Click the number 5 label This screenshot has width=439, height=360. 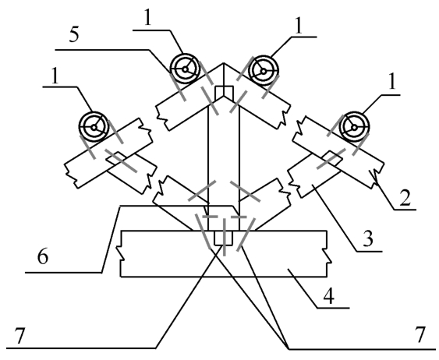[x=74, y=36]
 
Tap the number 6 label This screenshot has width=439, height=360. [x=43, y=257]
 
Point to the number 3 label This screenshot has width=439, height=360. [x=368, y=239]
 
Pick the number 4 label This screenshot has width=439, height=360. [x=329, y=297]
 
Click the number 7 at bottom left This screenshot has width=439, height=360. [x=19, y=337]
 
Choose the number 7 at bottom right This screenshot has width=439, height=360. [x=420, y=335]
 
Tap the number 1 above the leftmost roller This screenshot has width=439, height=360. [x=55, y=76]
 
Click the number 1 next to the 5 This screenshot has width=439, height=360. [x=147, y=19]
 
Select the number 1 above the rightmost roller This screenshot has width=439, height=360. [x=392, y=83]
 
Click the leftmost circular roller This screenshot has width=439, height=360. [x=94, y=127]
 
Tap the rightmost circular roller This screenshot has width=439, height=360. [x=354, y=127]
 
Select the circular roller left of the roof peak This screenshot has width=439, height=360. [x=185, y=69]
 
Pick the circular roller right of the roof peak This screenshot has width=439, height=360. [x=264, y=71]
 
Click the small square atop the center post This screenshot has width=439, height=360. [x=224, y=94]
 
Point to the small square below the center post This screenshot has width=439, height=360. [x=223, y=238]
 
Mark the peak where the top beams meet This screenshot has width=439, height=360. [x=224, y=63]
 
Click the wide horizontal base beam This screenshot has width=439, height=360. [x=224, y=254]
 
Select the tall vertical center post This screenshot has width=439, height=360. [x=224, y=162]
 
